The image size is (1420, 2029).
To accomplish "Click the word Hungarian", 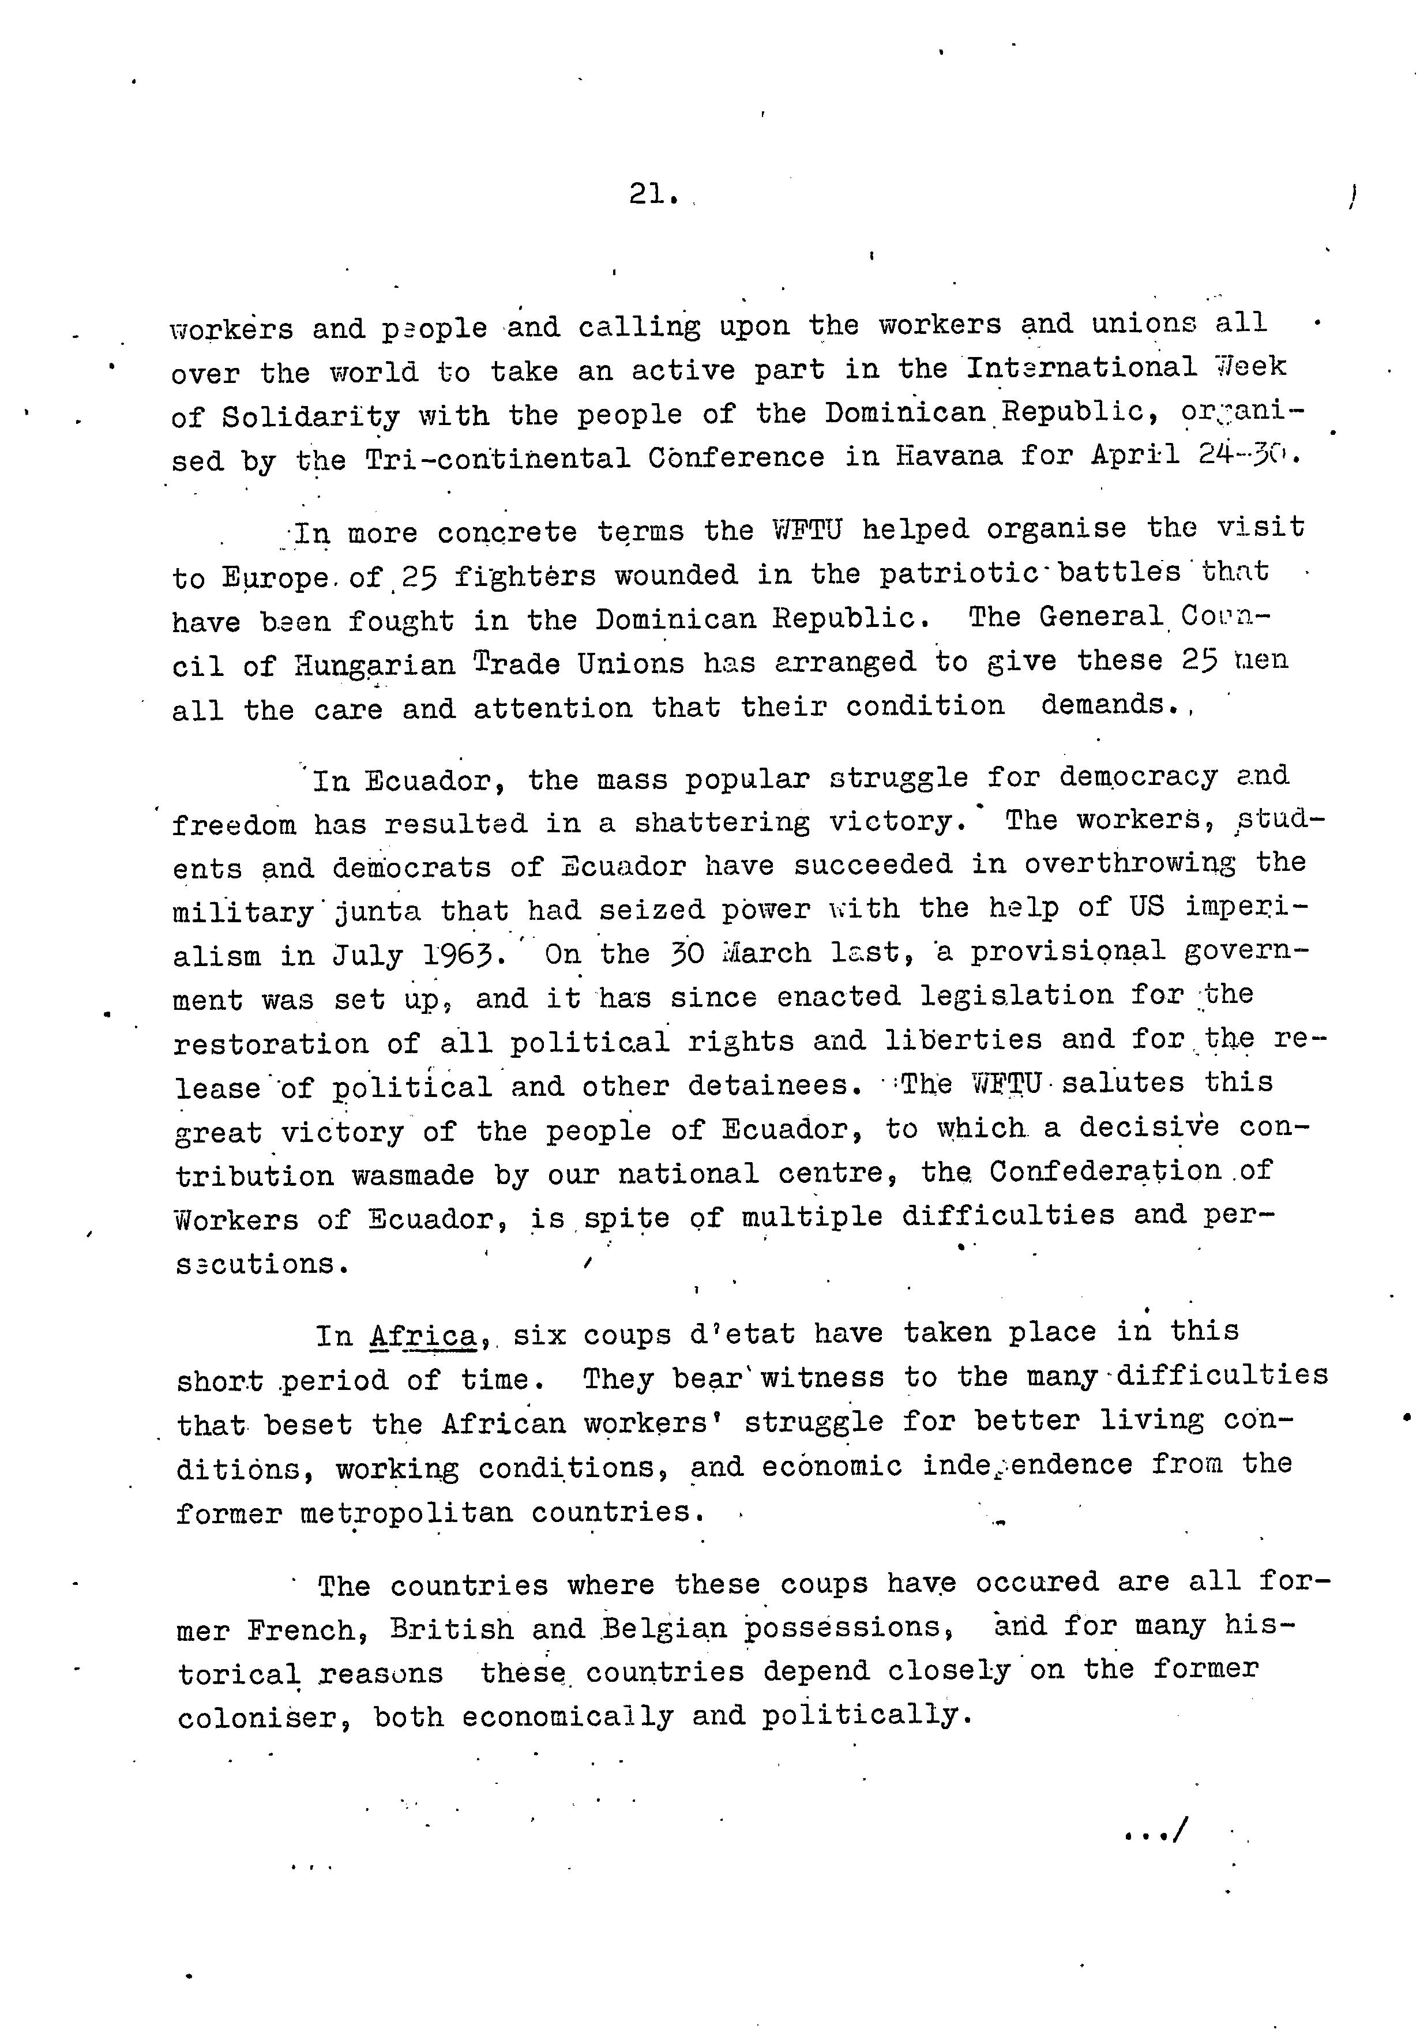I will point(375,664).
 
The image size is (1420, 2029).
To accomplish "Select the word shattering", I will point(721,823).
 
